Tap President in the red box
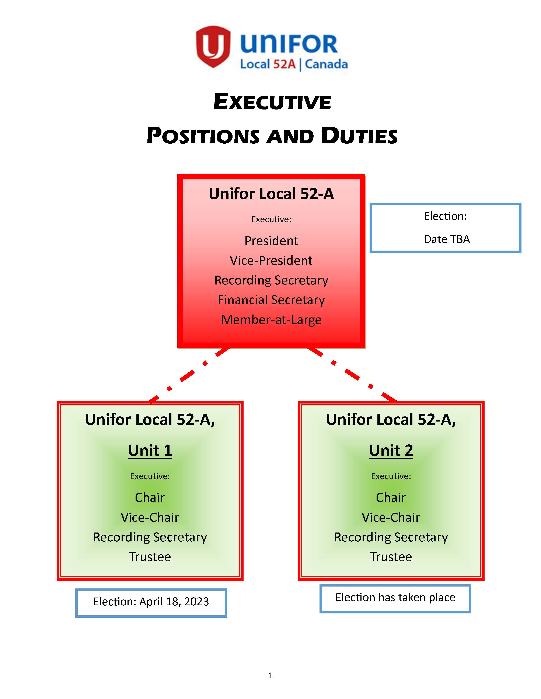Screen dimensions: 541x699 point(271,241)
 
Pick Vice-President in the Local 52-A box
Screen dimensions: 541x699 point(271,261)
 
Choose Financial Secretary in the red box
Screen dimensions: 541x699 point(271,300)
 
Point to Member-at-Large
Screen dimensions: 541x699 point(271,320)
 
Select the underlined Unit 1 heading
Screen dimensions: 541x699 point(150,451)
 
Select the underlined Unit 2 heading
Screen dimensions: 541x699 point(391,451)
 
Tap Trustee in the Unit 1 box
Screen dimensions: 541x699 point(150,557)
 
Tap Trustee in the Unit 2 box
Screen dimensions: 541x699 point(391,557)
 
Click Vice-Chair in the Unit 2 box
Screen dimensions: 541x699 point(391,517)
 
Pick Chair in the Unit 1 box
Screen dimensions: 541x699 point(150,497)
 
